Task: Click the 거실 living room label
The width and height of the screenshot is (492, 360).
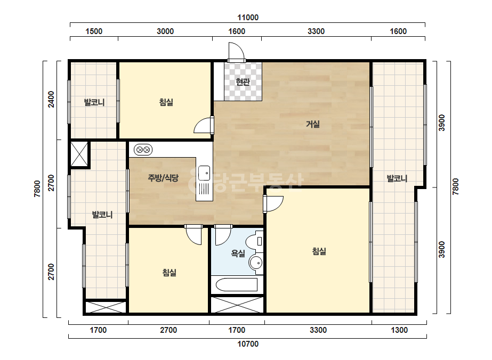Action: click(x=312, y=124)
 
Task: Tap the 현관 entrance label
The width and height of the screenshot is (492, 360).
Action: click(x=243, y=82)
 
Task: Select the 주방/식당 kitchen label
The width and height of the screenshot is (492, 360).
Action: click(x=163, y=178)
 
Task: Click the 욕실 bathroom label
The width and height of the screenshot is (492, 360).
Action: click(x=238, y=253)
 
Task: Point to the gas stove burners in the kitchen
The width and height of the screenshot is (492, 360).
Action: click(x=143, y=150)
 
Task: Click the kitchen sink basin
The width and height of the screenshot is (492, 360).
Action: click(x=204, y=173)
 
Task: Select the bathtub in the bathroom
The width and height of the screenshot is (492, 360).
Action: click(x=237, y=285)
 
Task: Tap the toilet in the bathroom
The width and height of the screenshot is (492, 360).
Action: click(x=254, y=241)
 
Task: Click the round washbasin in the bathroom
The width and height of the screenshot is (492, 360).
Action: click(x=256, y=262)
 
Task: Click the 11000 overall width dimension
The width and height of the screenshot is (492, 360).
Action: click(x=248, y=17)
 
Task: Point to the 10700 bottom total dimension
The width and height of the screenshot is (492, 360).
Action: click(x=248, y=344)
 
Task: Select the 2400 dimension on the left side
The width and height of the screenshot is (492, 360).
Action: click(x=51, y=99)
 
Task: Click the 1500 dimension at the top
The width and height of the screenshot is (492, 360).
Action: click(x=94, y=31)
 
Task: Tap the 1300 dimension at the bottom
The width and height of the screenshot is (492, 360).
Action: click(x=399, y=330)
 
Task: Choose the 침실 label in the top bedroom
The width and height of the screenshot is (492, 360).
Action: click(x=166, y=102)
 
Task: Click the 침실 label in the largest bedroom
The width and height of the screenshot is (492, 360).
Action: click(x=319, y=251)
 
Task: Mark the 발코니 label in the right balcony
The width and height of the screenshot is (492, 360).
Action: click(x=397, y=179)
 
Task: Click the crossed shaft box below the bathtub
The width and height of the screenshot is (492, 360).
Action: click(x=237, y=305)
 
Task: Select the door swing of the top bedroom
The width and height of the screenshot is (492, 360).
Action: click(x=203, y=125)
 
